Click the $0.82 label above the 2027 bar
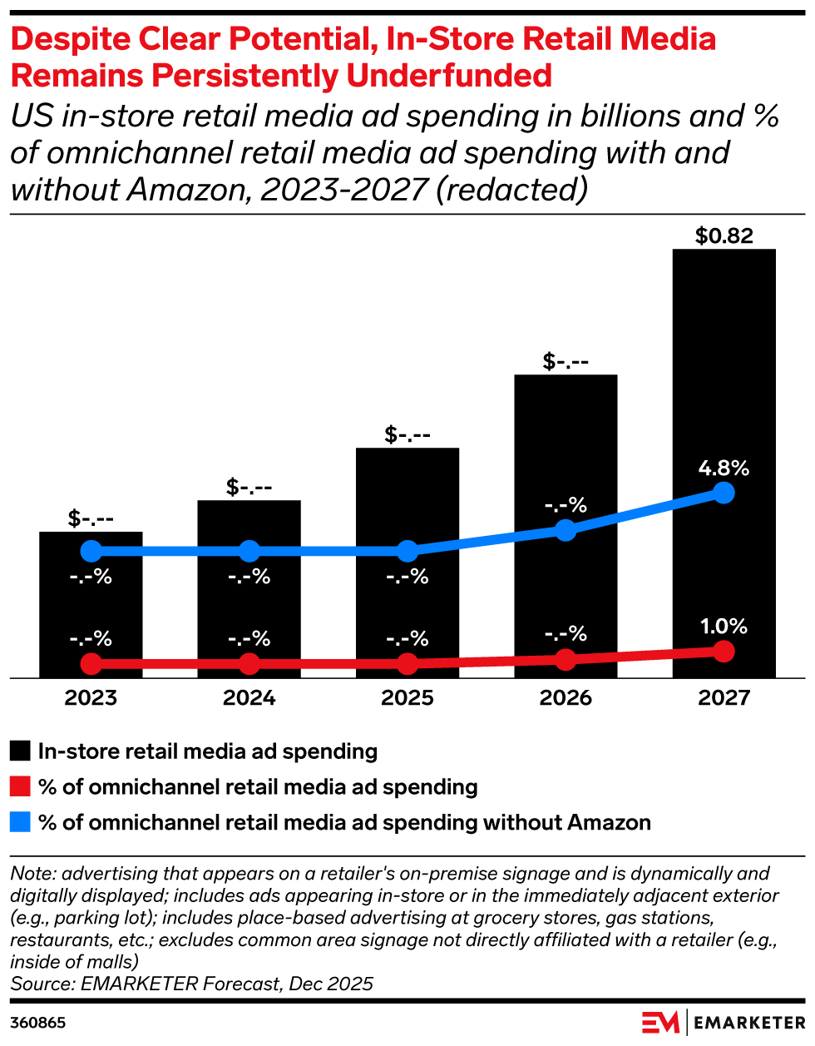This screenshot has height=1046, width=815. pyautogui.click(x=724, y=236)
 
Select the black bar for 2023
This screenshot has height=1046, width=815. pyautogui.click(x=91, y=607)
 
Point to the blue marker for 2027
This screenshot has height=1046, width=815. pyautogui.click(x=724, y=493)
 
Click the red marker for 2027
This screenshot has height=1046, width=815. pyautogui.click(x=724, y=651)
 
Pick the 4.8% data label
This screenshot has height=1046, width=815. pyautogui.click(x=724, y=468)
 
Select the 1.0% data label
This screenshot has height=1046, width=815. pyautogui.click(x=724, y=627)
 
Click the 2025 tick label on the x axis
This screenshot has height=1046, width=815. pyautogui.click(x=407, y=697)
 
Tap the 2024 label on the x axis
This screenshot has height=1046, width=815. pyautogui.click(x=249, y=697)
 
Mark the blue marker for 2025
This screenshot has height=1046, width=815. pyautogui.click(x=407, y=551)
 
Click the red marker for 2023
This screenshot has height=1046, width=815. pyautogui.click(x=91, y=663)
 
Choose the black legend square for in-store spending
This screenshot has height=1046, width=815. pyautogui.click(x=21, y=751)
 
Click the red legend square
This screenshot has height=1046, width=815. pyautogui.click(x=21, y=787)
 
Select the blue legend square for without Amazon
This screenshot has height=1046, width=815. pyautogui.click(x=21, y=823)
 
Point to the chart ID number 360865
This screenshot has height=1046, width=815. pyautogui.click(x=38, y=1023)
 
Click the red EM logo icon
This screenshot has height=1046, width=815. pyautogui.click(x=661, y=1023)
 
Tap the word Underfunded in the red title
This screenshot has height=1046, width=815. pyautogui.click(x=449, y=76)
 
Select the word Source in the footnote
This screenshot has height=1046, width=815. pyautogui.click(x=41, y=984)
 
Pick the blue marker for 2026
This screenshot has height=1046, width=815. pyautogui.click(x=566, y=530)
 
